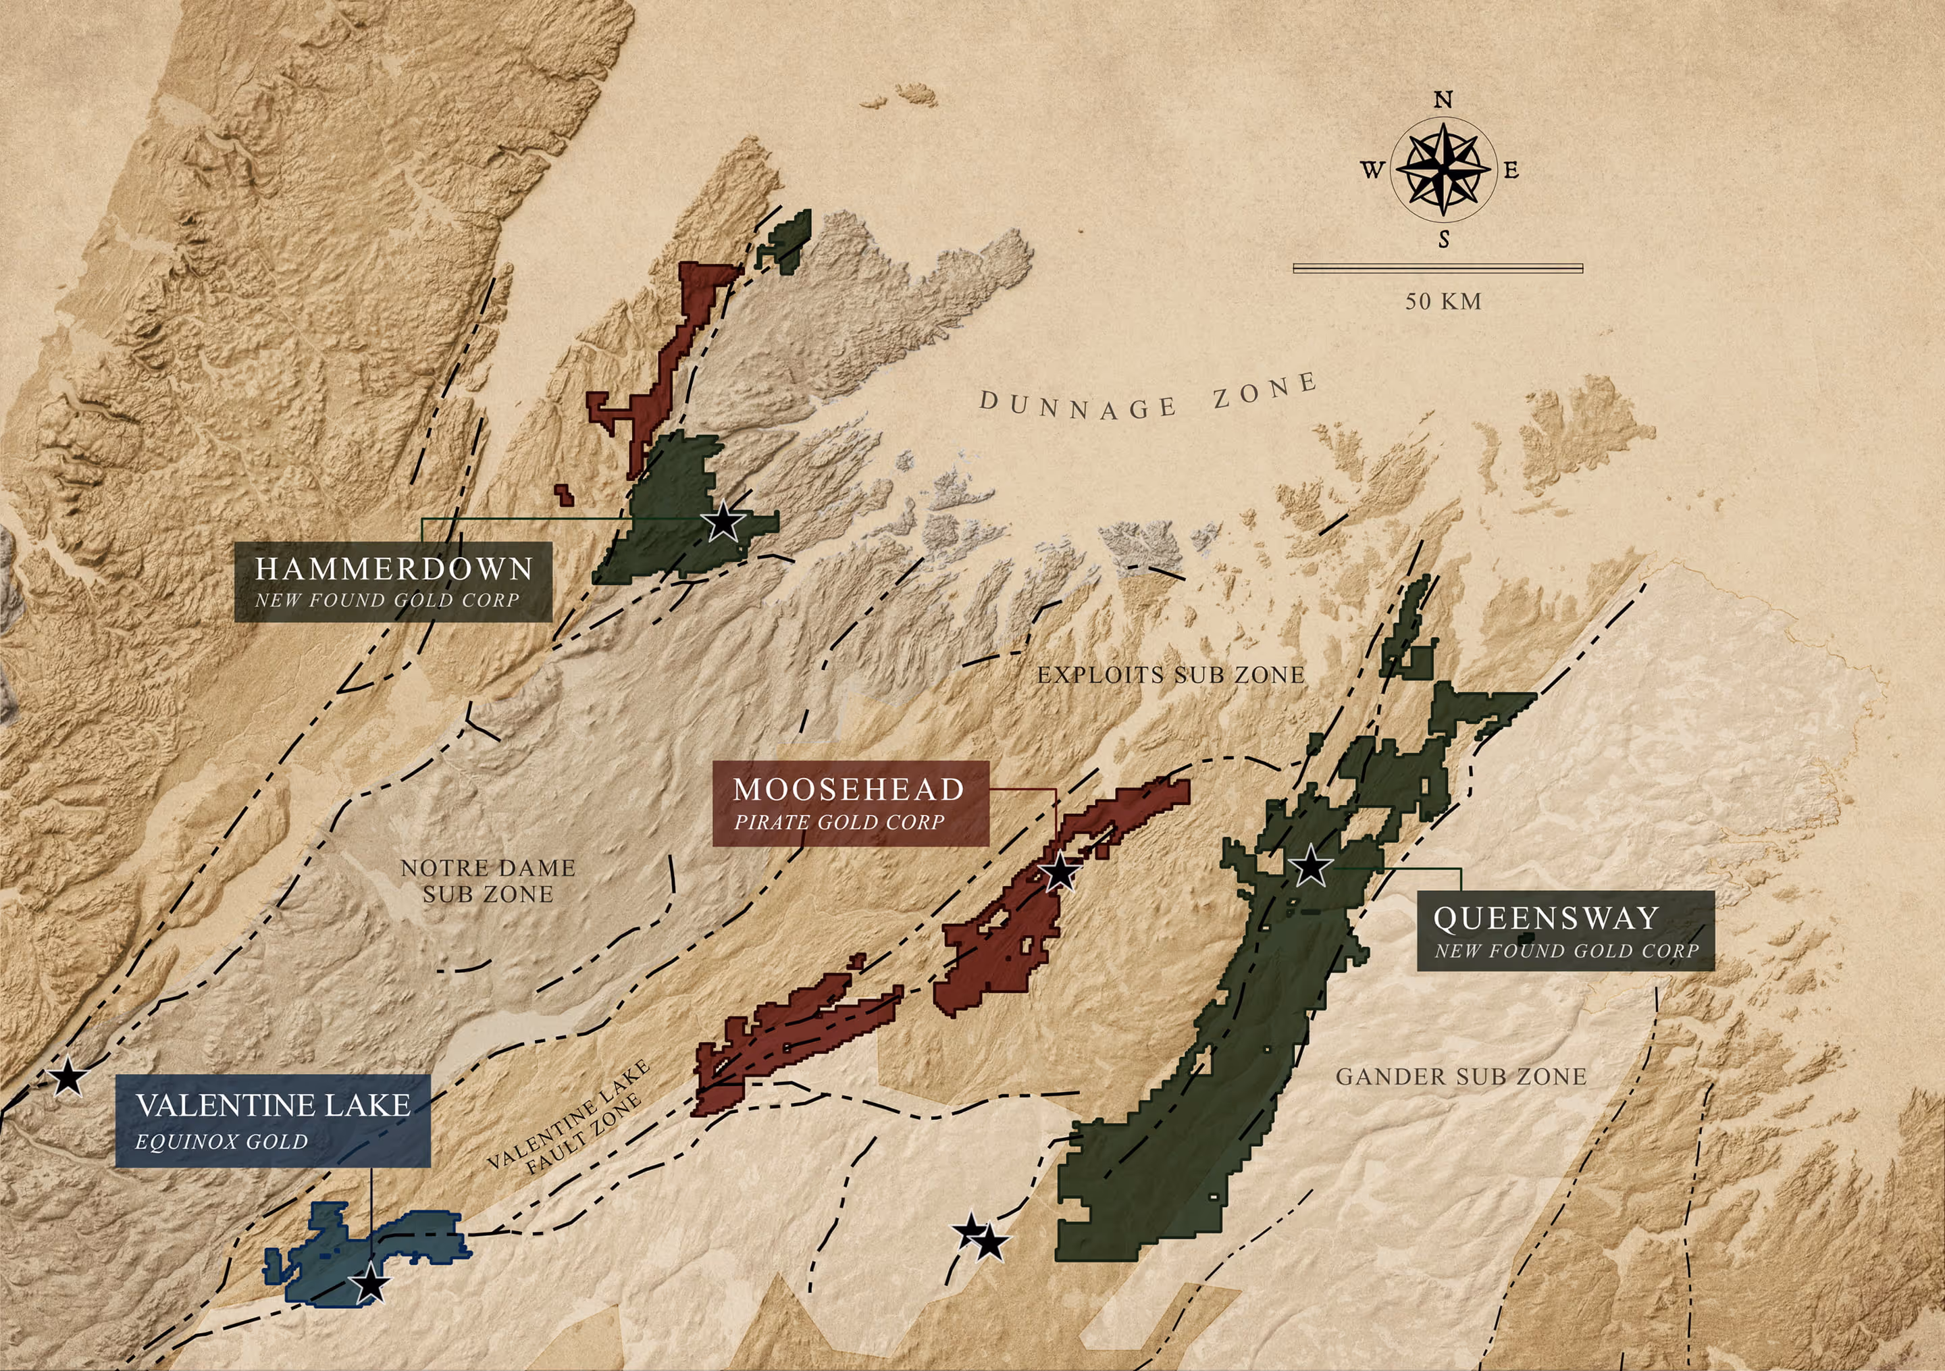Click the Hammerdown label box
(393, 582)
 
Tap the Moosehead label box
(850, 803)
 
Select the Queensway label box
(1565, 931)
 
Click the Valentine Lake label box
(273, 1121)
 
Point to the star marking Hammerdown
(723, 521)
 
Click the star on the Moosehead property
(1060, 872)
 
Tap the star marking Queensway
(1310, 866)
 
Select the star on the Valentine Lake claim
(370, 1285)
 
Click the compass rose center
(1443, 169)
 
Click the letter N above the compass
(1443, 100)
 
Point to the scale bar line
(1438, 269)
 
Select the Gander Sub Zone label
(1461, 1077)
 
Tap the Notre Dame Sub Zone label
(488, 881)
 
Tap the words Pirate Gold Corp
(839, 822)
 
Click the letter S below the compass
(1443, 240)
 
